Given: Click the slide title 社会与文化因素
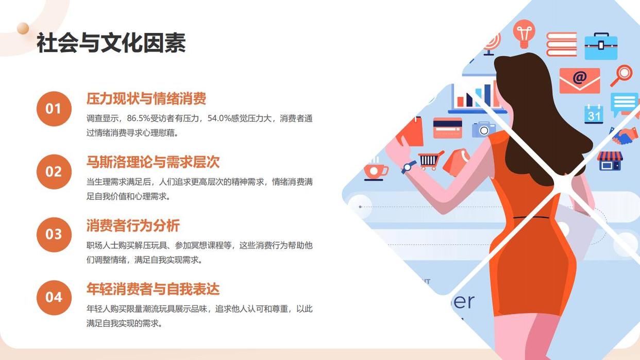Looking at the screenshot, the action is coord(111,43).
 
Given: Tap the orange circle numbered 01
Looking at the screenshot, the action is coord(54,109).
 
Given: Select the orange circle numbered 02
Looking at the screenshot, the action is coord(54,172).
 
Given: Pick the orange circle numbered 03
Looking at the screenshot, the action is coord(54,234).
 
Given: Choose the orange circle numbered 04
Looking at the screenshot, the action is coord(54,298).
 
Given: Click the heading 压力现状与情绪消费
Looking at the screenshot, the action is coord(146,99).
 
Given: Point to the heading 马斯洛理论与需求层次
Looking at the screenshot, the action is coord(153,162).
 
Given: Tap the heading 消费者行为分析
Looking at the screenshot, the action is coord(133,225).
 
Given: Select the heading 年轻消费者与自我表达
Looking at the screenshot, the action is coord(153,288).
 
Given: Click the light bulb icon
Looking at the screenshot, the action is coord(524,33).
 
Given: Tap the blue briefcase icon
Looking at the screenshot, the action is coord(601,46).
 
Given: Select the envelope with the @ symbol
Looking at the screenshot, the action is coord(579,80).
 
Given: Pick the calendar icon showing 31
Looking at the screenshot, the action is coord(594,114).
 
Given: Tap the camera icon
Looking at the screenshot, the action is coord(483,129).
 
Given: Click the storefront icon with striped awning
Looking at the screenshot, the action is coord(610,161).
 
